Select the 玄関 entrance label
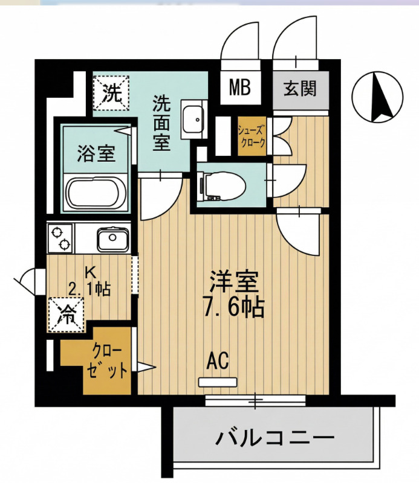pos(300,89)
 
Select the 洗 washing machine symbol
pos(111,93)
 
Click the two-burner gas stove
pos(60,238)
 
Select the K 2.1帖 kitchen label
pos(89,281)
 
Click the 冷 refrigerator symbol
pos(67,314)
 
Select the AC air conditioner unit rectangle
pos(219,382)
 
